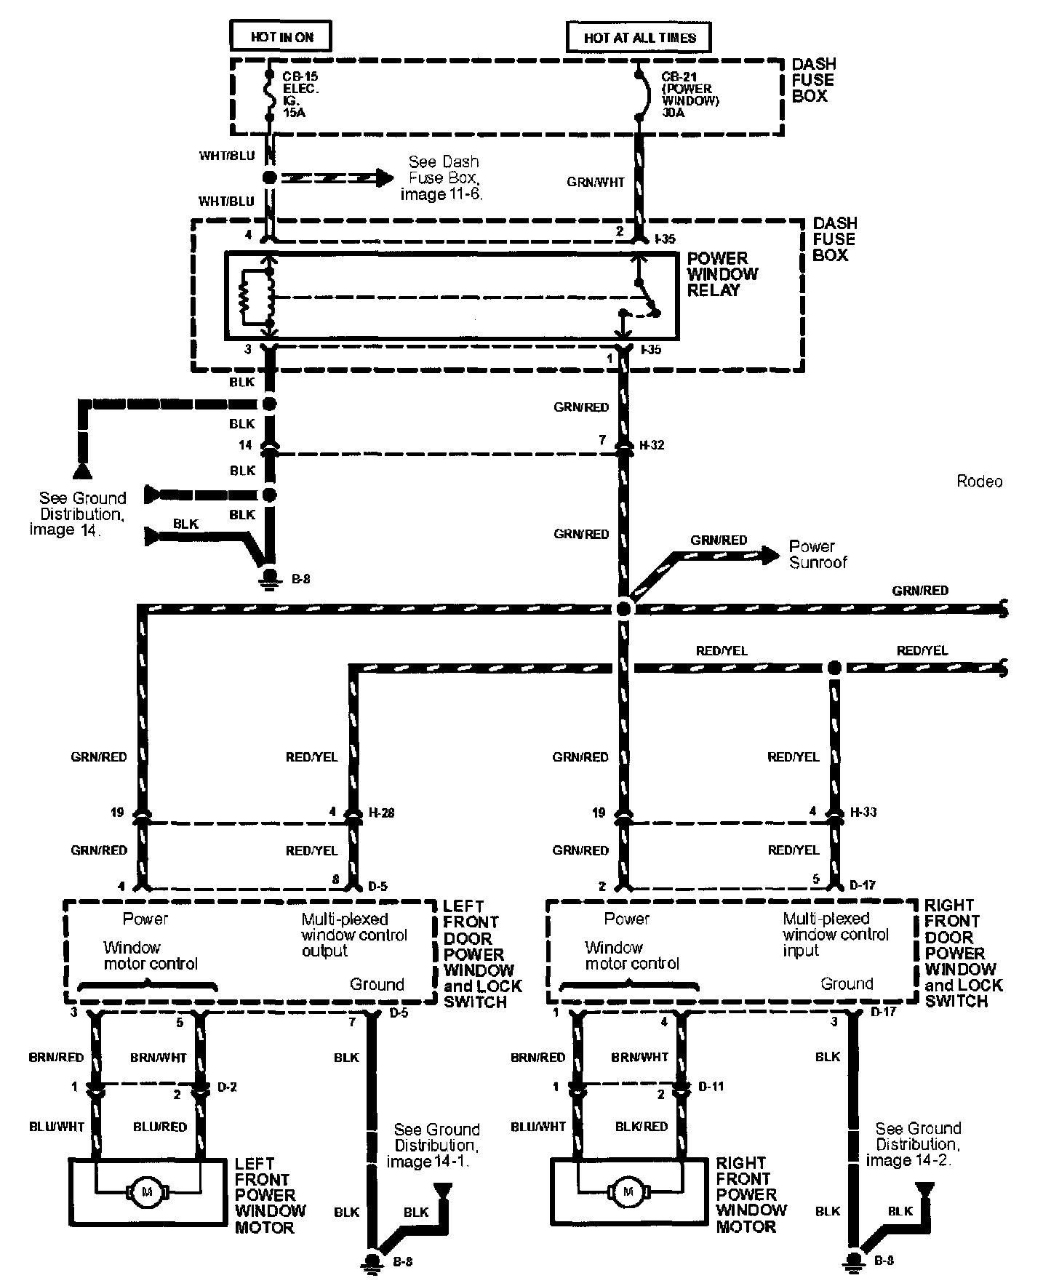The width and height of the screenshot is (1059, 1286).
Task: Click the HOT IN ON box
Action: point(281,36)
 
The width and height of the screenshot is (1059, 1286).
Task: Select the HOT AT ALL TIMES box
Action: point(639,37)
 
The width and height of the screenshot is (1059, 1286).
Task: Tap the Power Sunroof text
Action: point(818,554)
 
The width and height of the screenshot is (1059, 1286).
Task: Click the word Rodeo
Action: point(979,482)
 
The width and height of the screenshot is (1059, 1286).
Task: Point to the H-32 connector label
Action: point(652,445)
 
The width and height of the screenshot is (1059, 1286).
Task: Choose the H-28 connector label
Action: point(381,812)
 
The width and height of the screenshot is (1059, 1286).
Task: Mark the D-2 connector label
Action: point(226,1087)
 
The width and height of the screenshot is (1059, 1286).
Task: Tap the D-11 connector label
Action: point(711,1087)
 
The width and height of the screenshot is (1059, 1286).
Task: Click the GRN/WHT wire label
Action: point(596,183)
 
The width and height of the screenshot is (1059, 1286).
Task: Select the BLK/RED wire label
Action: point(641,1127)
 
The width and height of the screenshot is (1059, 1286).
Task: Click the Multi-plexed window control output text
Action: point(354,935)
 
